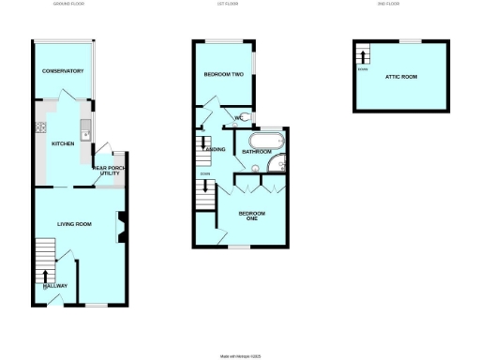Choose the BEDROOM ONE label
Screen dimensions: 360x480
click(x=251, y=217)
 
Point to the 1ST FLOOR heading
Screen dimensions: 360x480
click(x=238, y=4)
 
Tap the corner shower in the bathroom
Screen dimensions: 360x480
click(x=276, y=166)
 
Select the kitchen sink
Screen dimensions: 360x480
click(x=85, y=132)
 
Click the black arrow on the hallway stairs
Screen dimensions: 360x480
click(x=44, y=276)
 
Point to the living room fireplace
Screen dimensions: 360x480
click(x=120, y=228)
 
